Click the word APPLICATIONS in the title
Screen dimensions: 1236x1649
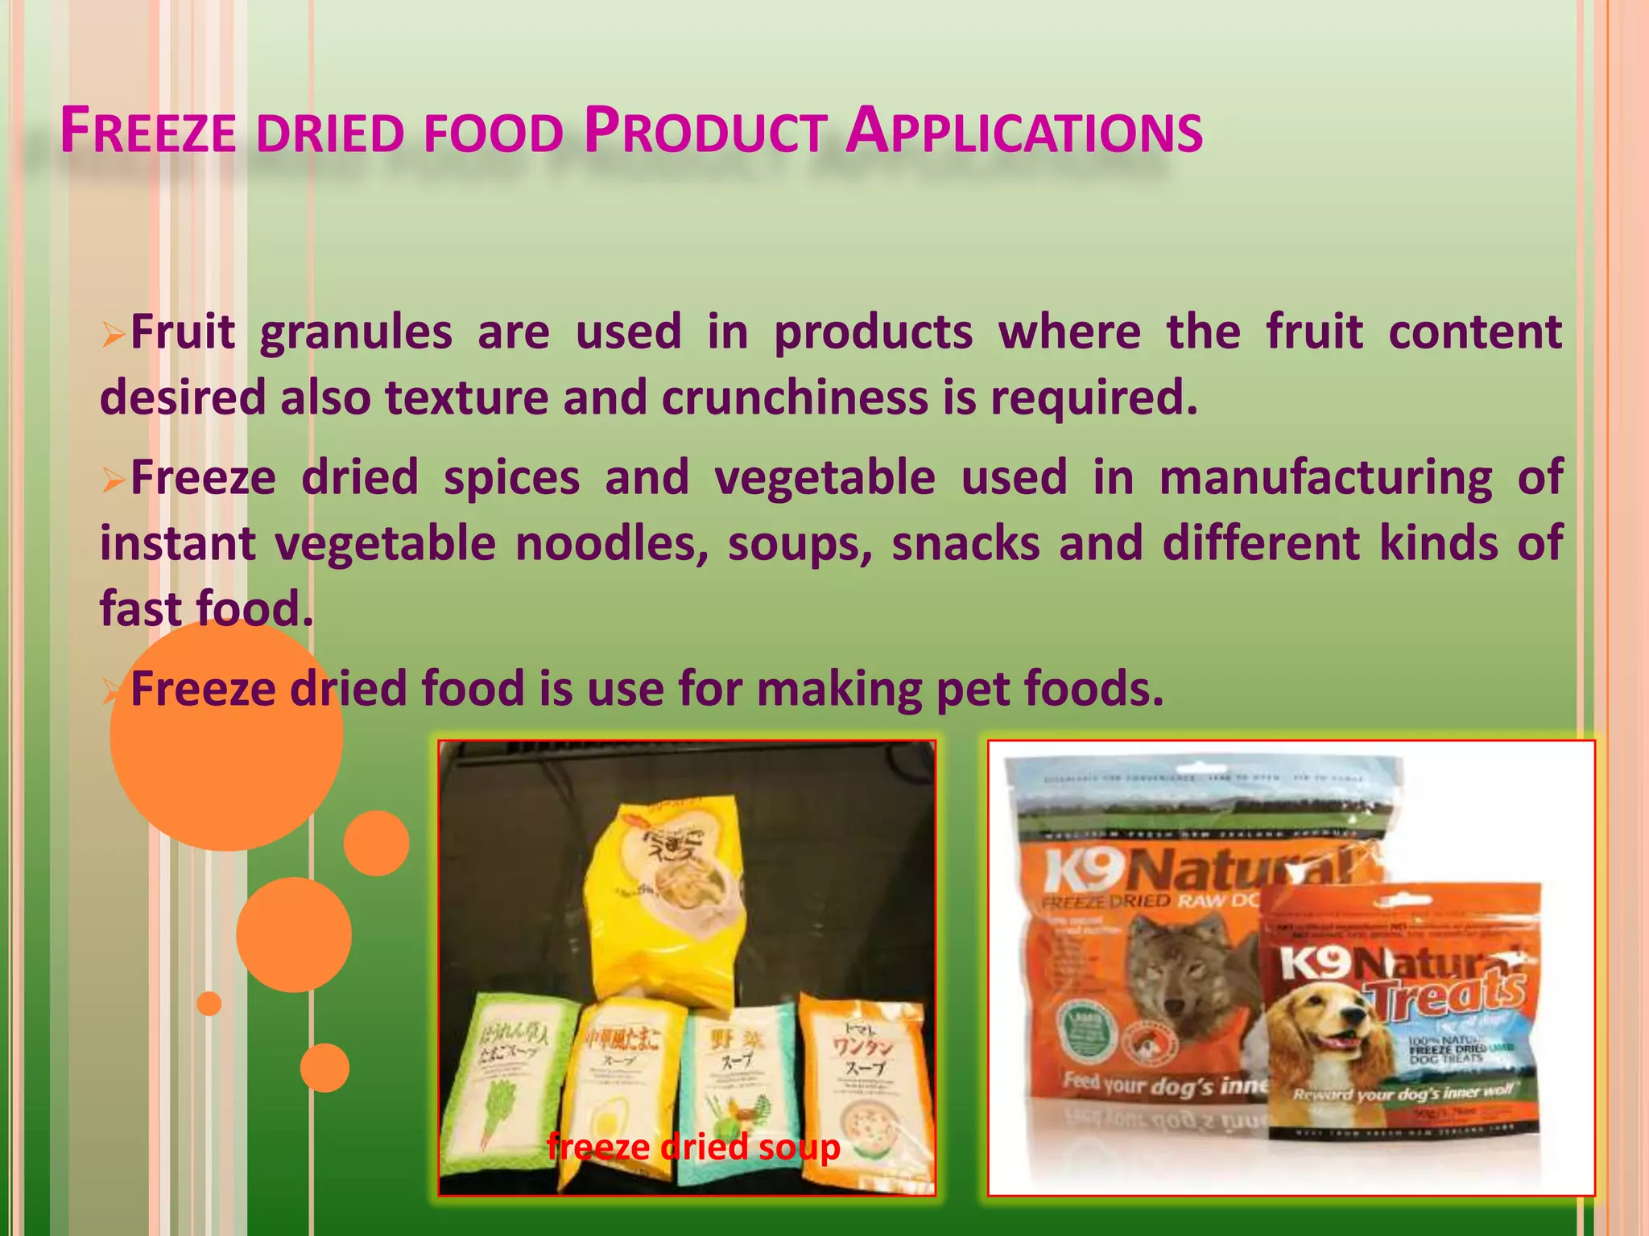click(x=1024, y=132)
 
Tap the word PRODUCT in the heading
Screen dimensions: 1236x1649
click(x=705, y=132)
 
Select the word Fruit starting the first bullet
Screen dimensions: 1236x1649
click(x=183, y=332)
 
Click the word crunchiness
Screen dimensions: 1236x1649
click(x=794, y=398)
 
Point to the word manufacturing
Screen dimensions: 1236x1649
click(x=1325, y=478)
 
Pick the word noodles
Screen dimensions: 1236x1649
click(x=612, y=543)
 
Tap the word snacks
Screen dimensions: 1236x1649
click(x=965, y=543)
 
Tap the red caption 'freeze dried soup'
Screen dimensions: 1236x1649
click(x=693, y=1146)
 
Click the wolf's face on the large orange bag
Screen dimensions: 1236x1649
click(x=1176, y=966)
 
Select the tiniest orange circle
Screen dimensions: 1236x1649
click(x=209, y=1003)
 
